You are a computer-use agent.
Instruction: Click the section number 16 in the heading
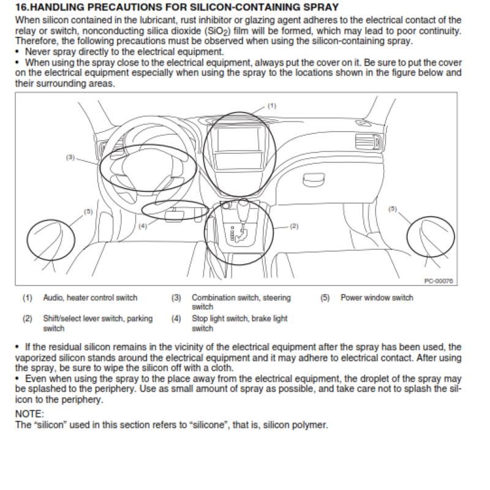tap(21, 7)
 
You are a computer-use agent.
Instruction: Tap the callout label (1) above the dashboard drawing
tap(272, 106)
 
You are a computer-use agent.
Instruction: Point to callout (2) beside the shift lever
tap(294, 226)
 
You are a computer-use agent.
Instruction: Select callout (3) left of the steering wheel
tap(70, 157)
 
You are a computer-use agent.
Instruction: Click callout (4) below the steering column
tap(143, 226)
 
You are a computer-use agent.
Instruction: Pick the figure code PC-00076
tap(439, 281)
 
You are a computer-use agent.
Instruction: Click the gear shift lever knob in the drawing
tap(243, 209)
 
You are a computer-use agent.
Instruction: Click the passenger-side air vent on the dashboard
tap(368, 141)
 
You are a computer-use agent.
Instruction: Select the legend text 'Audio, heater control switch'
tap(90, 298)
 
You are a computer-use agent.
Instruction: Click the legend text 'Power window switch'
tap(377, 298)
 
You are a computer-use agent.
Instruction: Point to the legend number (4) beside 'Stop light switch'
tap(176, 318)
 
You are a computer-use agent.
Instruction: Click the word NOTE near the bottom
tap(29, 414)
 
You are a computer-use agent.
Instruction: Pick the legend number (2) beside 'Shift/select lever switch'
tap(28, 318)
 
